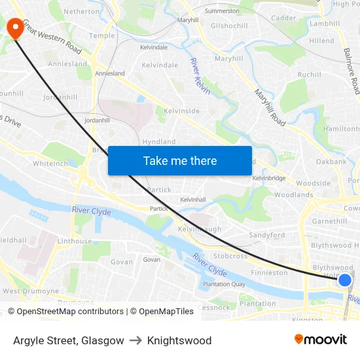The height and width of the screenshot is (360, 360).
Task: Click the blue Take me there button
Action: [x=180, y=160]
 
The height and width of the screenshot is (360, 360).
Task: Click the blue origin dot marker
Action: [x=344, y=280]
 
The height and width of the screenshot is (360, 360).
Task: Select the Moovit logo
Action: [x=320, y=339]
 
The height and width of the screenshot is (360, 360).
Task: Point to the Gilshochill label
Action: [x=229, y=26]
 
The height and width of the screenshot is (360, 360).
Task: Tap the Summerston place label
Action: [x=222, y=11]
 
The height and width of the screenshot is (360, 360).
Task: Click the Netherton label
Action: [x=82, y=11]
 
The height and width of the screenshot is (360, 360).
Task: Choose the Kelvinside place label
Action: [x=182, y=111]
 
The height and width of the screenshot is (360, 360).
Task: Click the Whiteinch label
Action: [x=50, y=164]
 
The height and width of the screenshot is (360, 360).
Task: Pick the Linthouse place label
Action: [x=75, y=241]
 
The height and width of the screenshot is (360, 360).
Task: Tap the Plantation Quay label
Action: [x=224, y=284]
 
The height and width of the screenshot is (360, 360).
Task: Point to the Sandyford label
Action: [x=266, y=235]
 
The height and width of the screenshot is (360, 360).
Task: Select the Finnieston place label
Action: [x=269, y=272]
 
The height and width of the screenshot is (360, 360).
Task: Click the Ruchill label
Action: [x=310, y=75]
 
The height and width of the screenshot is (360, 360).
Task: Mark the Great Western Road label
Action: [x=52, y=37]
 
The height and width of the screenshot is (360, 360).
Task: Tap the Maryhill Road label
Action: [x=270, y=108]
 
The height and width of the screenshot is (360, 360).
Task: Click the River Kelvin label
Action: [x=200, y=76]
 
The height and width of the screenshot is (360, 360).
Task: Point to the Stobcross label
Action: [x=230, y=255]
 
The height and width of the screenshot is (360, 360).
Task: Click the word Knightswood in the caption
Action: [x=179, y=340]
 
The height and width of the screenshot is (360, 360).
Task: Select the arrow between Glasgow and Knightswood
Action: [x=135, y=340]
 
